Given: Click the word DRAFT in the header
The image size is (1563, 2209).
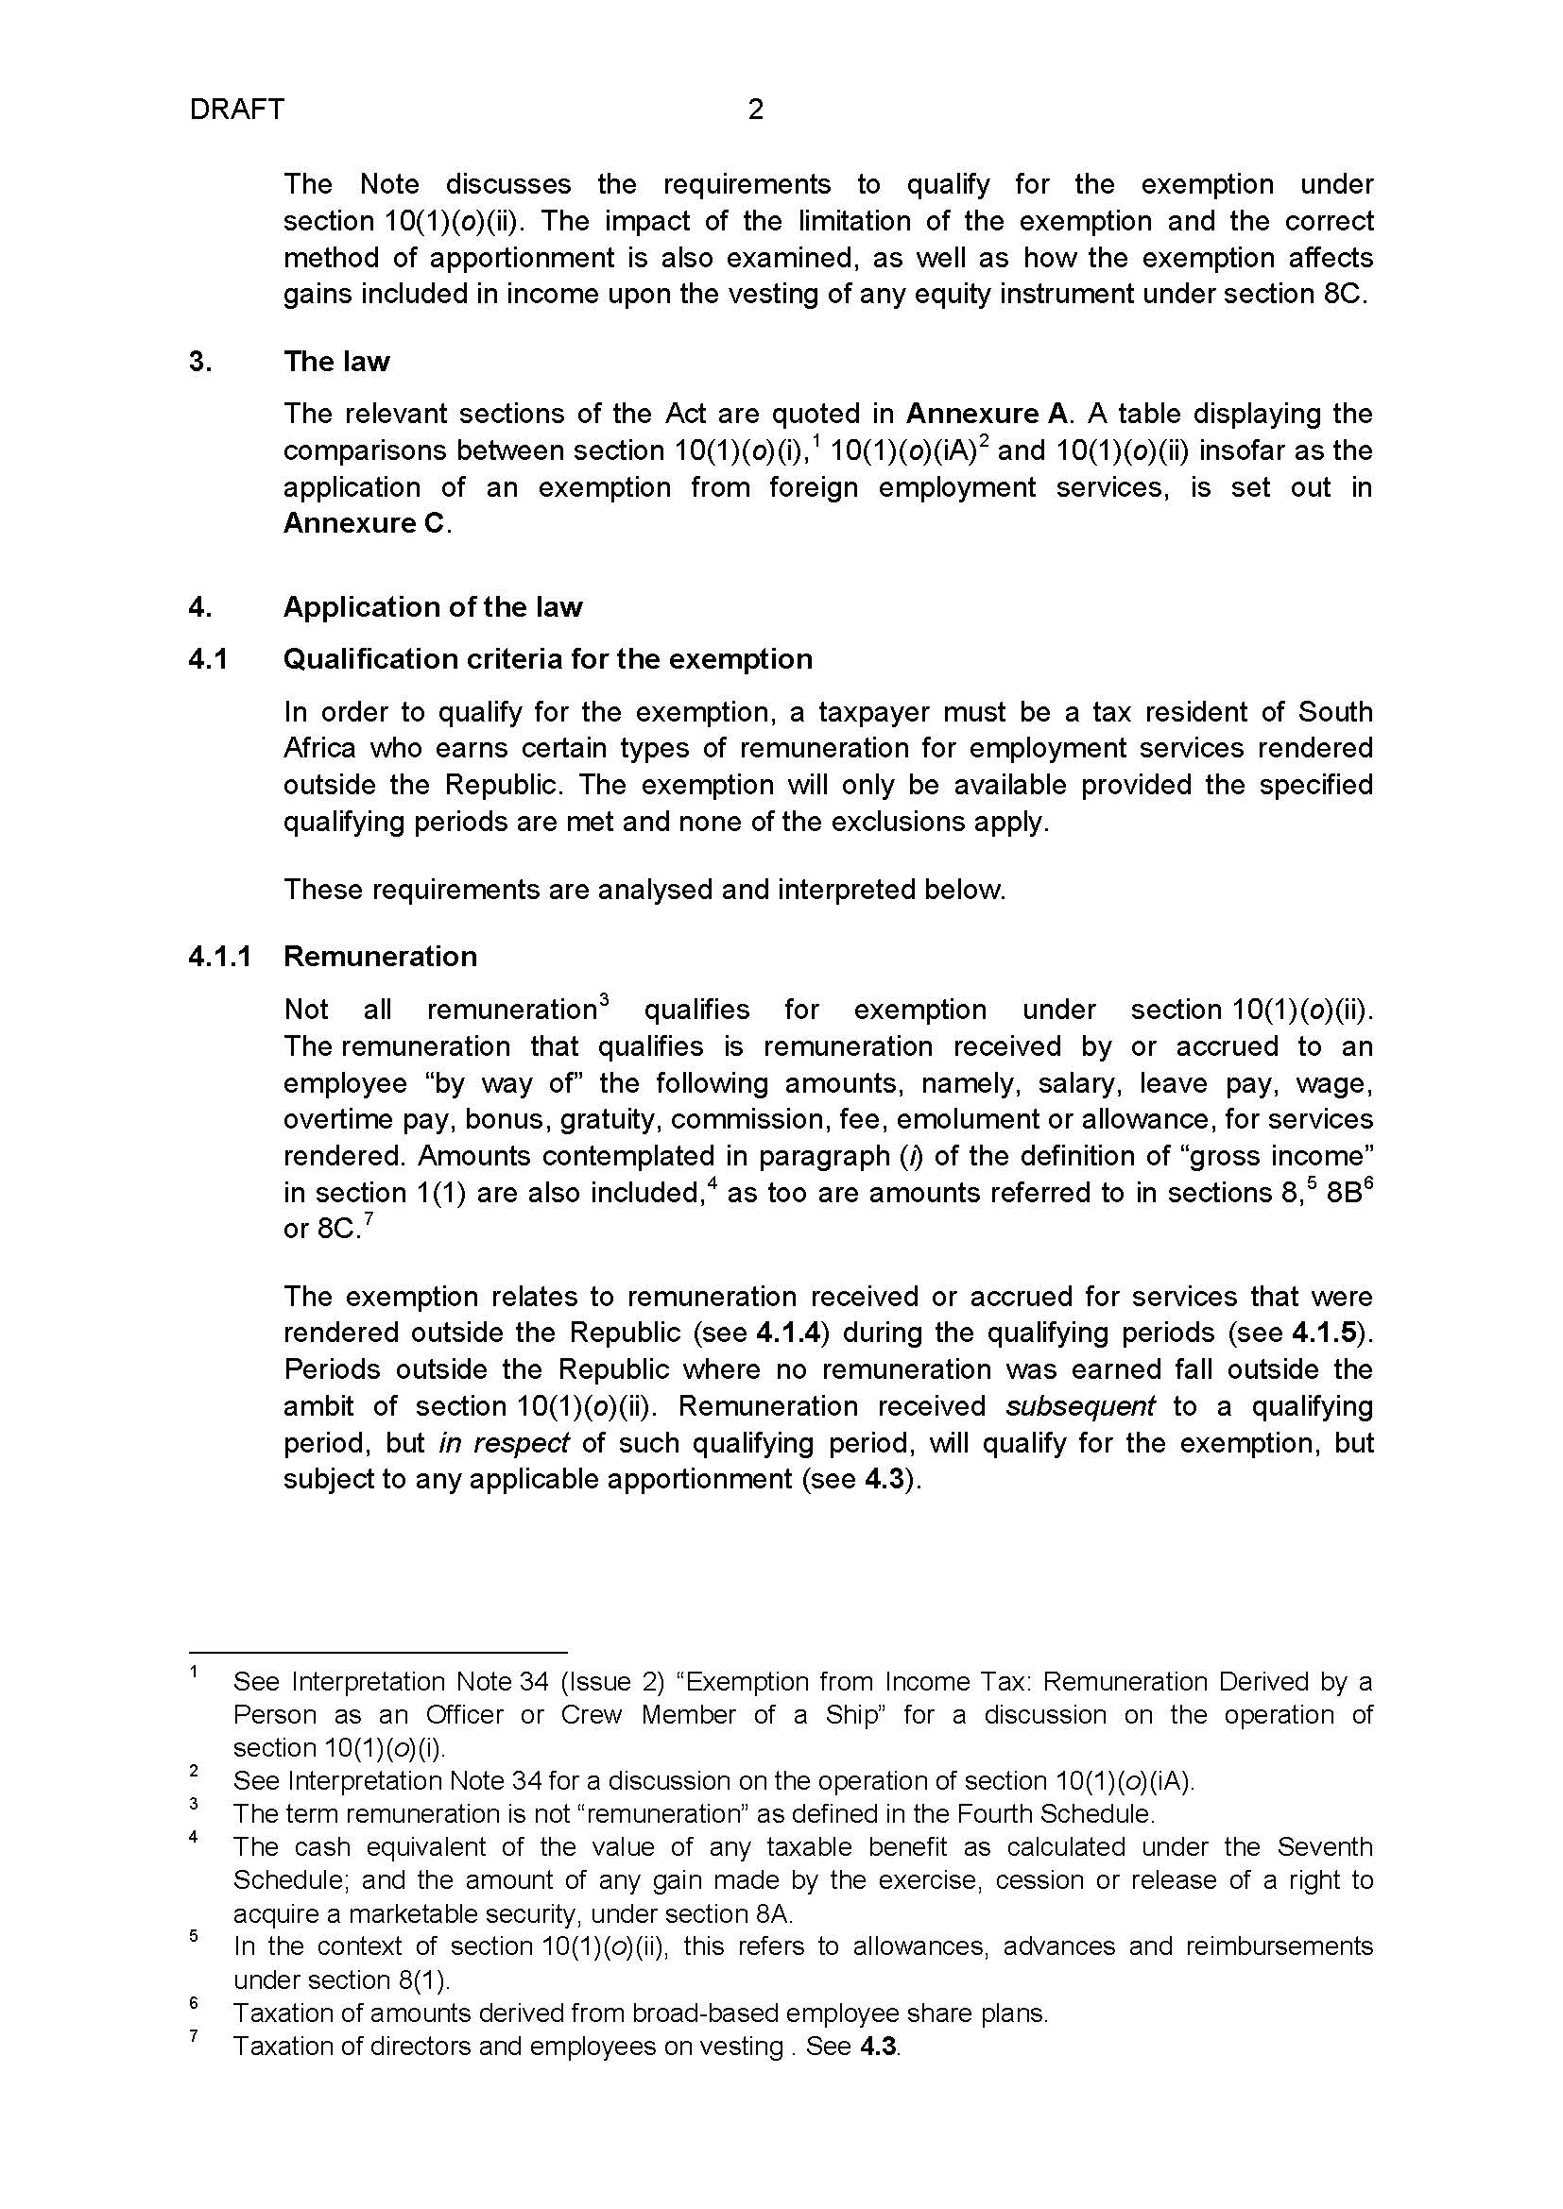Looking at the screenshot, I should click(x=237, y=110).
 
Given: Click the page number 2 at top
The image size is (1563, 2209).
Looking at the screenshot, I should click(x=756, y=110).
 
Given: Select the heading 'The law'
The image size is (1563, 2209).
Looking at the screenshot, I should click(x=335, y=362).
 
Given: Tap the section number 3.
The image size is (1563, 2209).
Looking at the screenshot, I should click(x=200, y=362).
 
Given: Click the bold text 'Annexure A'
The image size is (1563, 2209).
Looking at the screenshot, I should click(x=988, y=414).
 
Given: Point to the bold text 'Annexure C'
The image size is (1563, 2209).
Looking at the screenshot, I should click(x=365, y=523).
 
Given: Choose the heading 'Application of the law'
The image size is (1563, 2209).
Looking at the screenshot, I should click(x=432, y=607).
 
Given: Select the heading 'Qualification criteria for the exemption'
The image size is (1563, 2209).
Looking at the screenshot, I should click(x=548, y=659).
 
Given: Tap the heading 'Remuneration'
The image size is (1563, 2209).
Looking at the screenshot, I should click(x=380, y=957).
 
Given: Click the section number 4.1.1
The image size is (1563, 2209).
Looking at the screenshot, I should click(x=220, y=957).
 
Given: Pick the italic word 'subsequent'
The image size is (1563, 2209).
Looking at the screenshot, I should click(x=1080, y=1406).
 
